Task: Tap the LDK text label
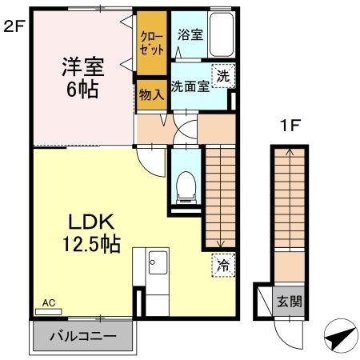point(91,222)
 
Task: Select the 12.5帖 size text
point(91,244)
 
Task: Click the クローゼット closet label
point(152,43)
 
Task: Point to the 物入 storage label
point(151,94)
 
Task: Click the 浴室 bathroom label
point(190,34)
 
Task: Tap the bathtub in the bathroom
point(222,34)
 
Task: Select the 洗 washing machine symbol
point(223,76)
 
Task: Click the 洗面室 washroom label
point(190,86)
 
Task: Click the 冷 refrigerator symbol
point(223,266)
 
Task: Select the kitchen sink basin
point(158,262)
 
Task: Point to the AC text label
point(49,302)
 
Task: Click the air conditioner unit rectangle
point(49,311)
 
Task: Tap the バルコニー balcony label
point(83,336)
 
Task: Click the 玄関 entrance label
point(290,302)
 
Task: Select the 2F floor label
point(14,26)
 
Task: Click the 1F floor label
point(290,126)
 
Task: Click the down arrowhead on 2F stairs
point(221,243)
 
